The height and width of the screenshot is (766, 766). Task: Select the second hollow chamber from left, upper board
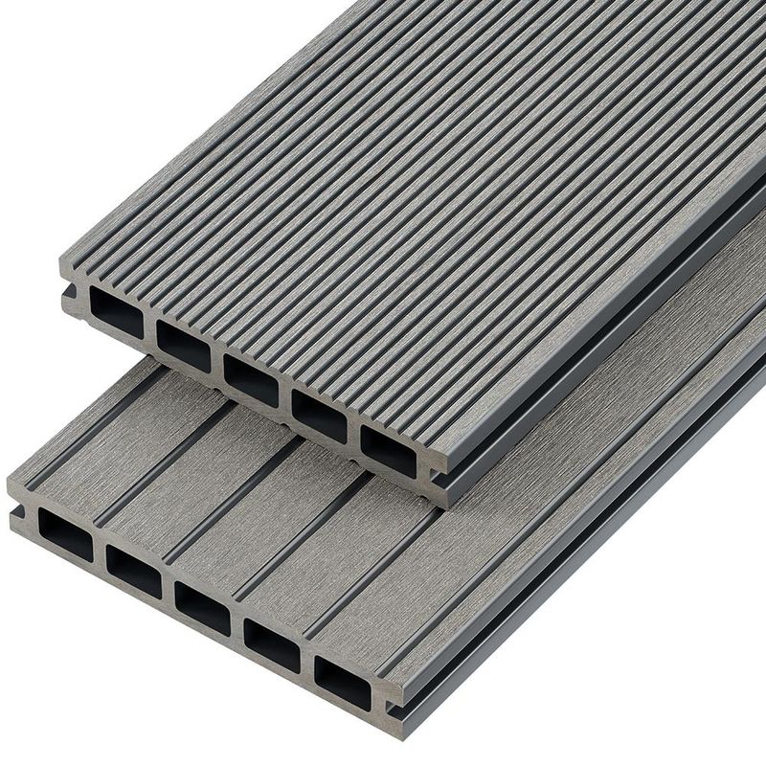(184, 347)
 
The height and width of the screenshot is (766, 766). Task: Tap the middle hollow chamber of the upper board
(251, 380)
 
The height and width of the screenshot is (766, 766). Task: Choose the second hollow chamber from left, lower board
(133, 571)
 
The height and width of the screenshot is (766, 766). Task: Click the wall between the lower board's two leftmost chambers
(100, 552)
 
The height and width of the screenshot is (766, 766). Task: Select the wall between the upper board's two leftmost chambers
(150, 330)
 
